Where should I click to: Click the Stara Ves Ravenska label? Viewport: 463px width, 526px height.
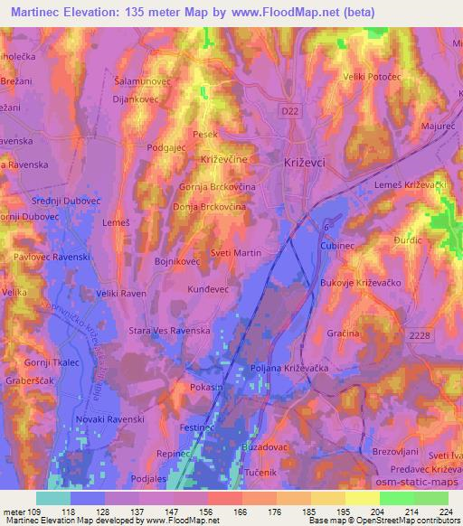click(x=170, y=332)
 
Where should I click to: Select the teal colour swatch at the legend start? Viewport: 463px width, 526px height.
click(x=53, y=498)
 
